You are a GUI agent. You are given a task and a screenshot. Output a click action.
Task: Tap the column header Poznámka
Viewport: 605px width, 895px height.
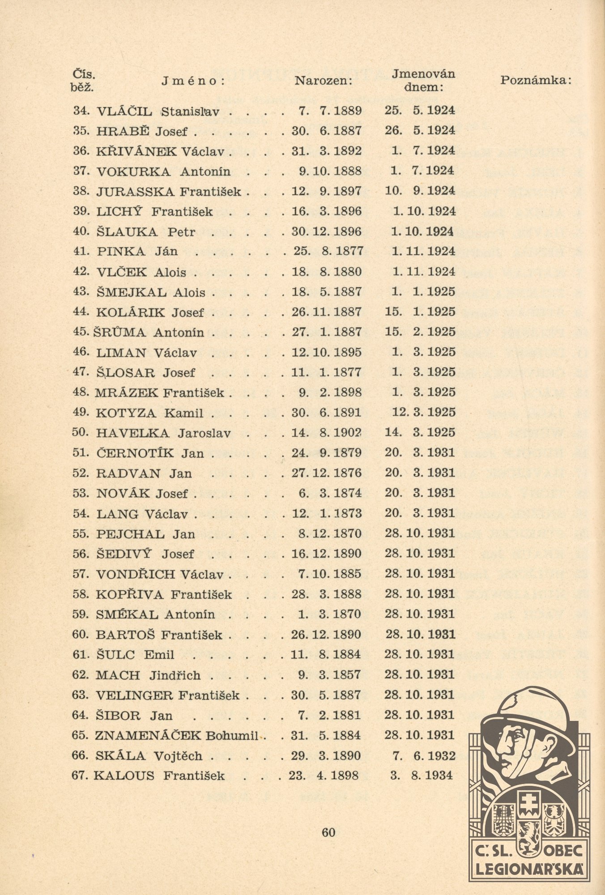pos(536,81)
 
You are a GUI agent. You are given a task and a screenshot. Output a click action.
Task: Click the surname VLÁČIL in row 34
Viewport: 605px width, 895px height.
pos(124,111)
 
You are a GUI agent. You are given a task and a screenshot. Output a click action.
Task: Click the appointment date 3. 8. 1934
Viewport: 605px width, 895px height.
pos(422,776)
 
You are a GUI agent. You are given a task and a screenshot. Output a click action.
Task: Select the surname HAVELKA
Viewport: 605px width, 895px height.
pos(133,433)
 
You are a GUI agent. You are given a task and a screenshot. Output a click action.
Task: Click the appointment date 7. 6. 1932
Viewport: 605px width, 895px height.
pos(423,756)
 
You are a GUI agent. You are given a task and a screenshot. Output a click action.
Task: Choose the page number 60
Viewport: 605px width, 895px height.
pos(328,833)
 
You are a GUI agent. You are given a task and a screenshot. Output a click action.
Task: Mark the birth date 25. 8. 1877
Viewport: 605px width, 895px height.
pos(328,251)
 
